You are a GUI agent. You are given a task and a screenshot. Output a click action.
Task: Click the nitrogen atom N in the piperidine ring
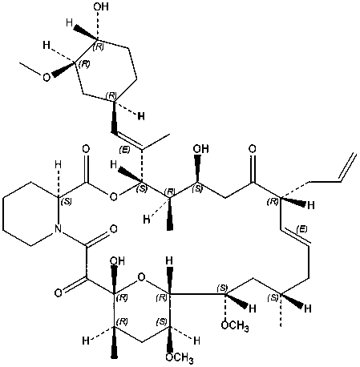[59, 228]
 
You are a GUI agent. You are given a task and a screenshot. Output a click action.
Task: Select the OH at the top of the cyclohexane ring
[101, 6]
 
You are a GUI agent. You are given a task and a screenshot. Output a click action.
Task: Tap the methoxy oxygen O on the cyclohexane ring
[47, 78]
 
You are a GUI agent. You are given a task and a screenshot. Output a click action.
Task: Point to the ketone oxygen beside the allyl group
[252, 148]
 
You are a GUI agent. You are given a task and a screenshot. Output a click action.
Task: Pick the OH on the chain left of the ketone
[200, 148]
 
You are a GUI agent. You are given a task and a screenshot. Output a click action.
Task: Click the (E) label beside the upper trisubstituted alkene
[124, 150]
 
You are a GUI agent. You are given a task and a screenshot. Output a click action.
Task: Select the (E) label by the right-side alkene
[301, 229]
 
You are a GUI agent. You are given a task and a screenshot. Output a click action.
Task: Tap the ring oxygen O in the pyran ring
[141, 277]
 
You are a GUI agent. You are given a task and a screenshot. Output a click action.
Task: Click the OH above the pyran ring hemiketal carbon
[117, 260]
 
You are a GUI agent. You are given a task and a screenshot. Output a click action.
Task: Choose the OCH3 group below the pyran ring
[179, 357]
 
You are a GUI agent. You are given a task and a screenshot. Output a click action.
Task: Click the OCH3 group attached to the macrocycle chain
[235, 325]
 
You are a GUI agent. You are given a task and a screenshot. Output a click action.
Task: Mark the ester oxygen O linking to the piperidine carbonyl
[114, 197]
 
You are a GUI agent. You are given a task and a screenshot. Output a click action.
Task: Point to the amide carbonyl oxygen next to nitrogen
[114, 228]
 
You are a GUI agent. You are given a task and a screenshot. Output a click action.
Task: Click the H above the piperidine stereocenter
[58, 165]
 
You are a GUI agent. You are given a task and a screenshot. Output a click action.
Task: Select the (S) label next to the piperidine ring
[66, 202]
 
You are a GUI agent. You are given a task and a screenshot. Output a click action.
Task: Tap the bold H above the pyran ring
[169, 260]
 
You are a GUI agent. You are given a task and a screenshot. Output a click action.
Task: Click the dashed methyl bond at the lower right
[281, 310]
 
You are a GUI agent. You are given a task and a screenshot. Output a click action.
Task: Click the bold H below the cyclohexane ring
[141, 116]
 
